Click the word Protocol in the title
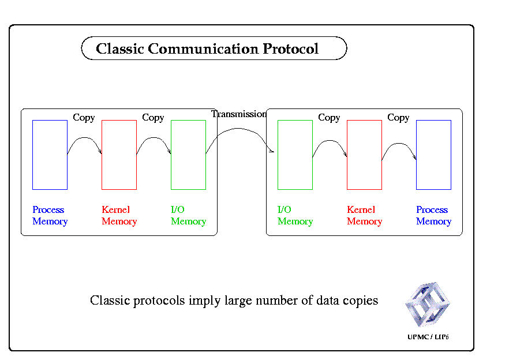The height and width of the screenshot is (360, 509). [290, 49]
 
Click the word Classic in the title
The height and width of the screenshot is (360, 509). [120, 48]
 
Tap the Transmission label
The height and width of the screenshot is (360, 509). [239, 114]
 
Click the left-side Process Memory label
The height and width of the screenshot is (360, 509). [50, 216]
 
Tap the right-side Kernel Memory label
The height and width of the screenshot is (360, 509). [364, 216]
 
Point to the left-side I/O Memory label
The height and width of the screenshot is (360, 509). [188, 216]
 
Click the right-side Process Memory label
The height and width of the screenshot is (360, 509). [434, 216]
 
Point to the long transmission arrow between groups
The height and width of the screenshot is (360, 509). [238, 129]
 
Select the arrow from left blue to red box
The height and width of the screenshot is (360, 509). [84, 138]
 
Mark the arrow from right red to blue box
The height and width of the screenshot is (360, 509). [399, 144]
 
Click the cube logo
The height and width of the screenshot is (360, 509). [427, 304]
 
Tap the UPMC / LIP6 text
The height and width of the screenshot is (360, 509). [428, 337]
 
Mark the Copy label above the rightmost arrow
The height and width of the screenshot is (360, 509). [398, 118]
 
